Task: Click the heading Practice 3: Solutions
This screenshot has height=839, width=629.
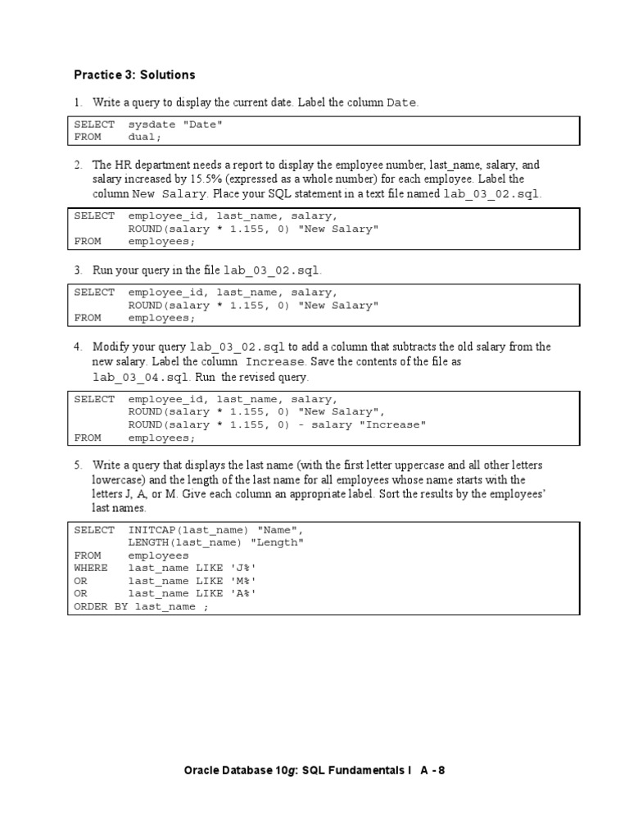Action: tap(134, 75)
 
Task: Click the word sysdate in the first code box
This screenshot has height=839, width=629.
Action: tap(152, 125)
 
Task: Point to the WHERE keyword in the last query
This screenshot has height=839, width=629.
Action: tap(91, 568)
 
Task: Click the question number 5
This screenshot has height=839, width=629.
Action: tap(79, 465)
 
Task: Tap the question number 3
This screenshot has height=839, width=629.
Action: tap(79, 270)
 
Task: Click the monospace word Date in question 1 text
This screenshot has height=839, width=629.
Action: tap(401, 103)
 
